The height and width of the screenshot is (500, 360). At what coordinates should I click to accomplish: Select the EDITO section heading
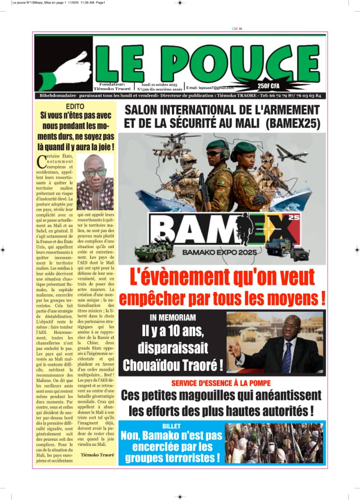pyautogui.click(x=75, y=106)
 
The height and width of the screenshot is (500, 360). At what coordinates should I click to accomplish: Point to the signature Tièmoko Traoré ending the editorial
pyautogui.click(x=97, y=455)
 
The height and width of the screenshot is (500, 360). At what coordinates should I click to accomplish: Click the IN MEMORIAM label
pyautogui.click(x=173, y=318)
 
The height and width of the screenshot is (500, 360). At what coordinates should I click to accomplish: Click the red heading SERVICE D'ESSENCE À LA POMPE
pyautogui.click(x=221, y=383)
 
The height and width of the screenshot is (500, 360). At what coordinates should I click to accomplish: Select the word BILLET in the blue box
pyautogui.click(x=171, y=425)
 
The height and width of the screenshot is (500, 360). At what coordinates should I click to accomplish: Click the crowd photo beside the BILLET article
pyautogui.click(x=275, y=443)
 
